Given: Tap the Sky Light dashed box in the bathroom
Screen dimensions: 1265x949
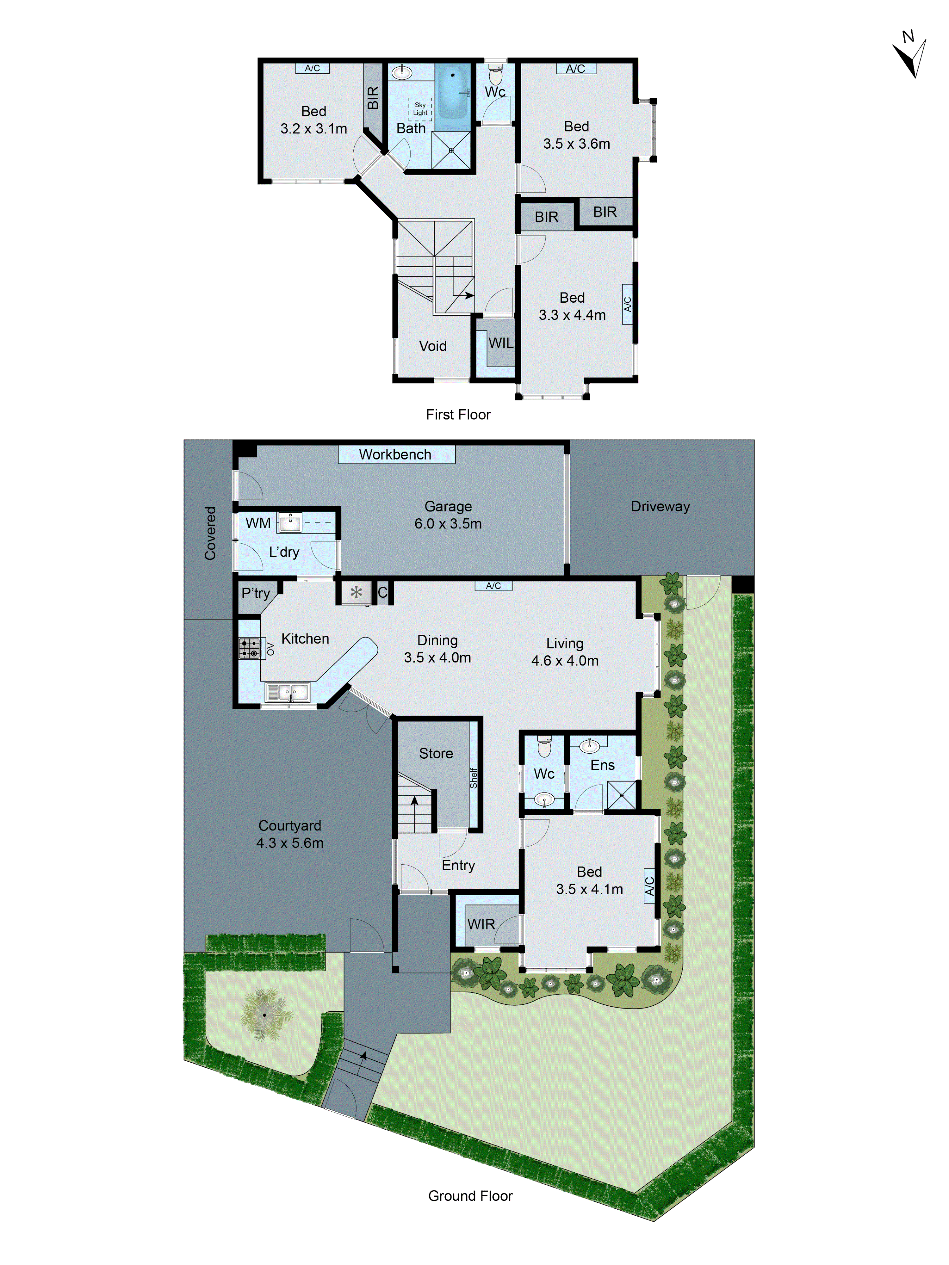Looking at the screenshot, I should click(420, 109).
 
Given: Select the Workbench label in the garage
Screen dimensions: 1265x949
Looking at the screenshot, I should click(395, 455).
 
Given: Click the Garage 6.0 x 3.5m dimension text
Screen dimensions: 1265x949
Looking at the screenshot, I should click(448, 523).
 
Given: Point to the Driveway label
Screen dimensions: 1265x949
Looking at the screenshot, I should click(660, 507).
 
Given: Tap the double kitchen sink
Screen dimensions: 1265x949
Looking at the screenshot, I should click(287, 693).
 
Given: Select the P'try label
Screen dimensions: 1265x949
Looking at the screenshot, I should click(255, 593).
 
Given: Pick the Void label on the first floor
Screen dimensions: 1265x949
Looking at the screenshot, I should click(432, 346).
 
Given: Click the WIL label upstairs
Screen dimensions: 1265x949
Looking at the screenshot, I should click(500, 343).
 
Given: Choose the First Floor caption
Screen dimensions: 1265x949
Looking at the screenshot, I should click(458, 415).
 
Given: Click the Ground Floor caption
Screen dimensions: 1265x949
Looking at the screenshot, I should click(470, 1196).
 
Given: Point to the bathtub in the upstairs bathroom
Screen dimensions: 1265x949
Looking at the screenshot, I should click(453, 91).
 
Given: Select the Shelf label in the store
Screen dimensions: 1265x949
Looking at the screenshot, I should click(474, 778).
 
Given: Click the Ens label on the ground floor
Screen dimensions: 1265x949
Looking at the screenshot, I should click(602, 765).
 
